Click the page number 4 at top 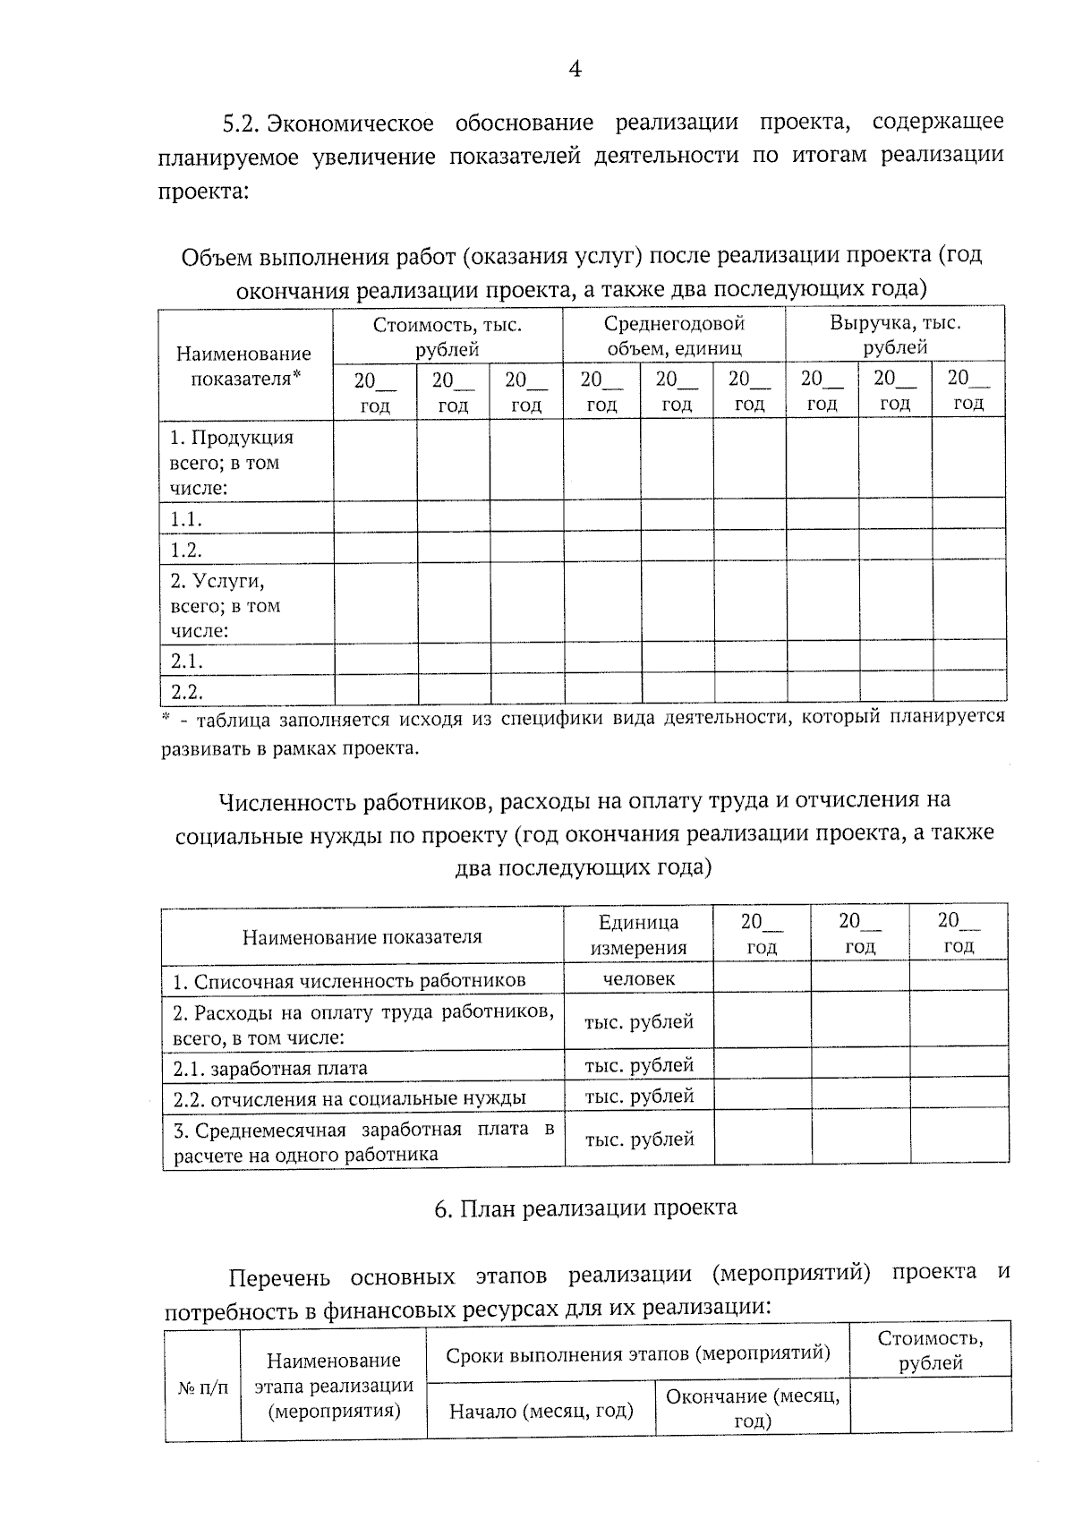[x=575, y=69]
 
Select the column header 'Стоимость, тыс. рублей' [x=447, y=337]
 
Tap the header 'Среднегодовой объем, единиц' [x=674, y=336]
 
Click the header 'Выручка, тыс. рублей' [x=894, y=335]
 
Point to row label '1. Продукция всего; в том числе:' [x=232, y=463]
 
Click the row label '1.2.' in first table [x=186, y=550]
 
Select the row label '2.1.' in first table [x=186, y=661]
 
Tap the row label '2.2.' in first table [x=186, y=692]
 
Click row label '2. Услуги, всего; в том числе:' [x=226, y=606]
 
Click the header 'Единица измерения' [x=638, y=934]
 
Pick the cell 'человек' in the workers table [x=638, y=978]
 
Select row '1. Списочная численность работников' [x=349, y=981]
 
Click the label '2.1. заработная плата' [x=270, y=1068]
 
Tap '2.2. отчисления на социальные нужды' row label [x=349, y=1098]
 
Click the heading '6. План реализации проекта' [x=586, y=1208]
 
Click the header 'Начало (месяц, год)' [x=541, y=1412]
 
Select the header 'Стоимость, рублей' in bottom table [x=930, y=1351]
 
